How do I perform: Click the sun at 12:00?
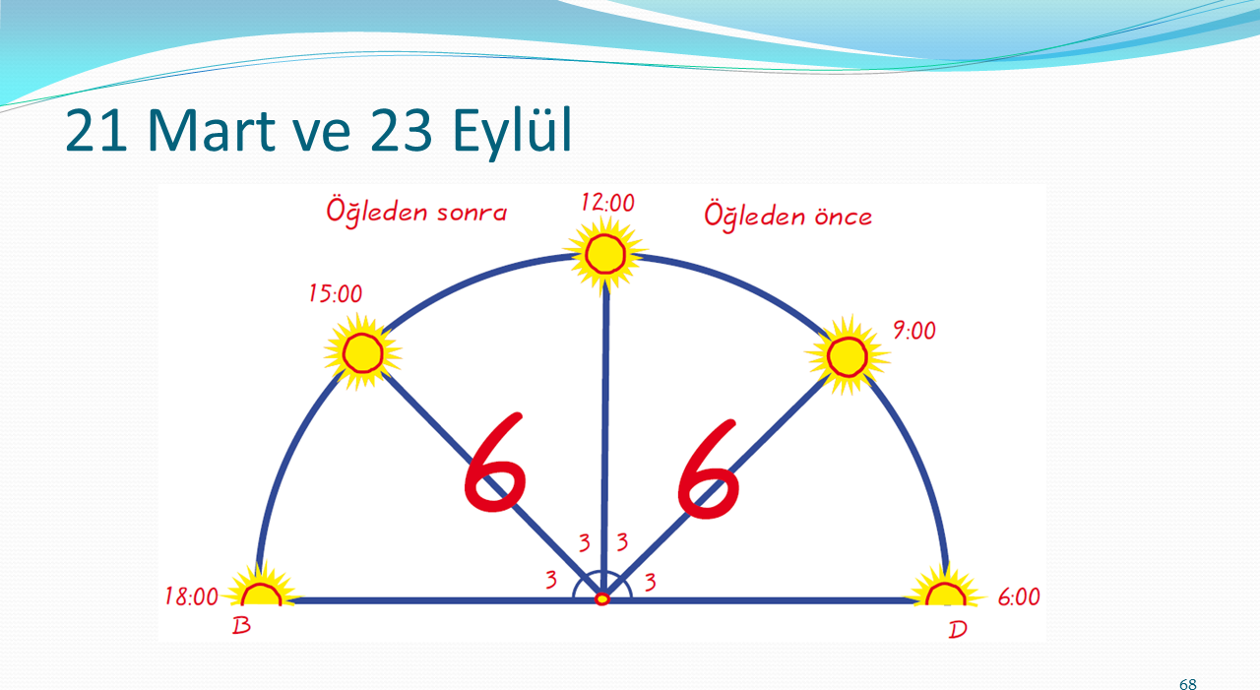coord(605,254)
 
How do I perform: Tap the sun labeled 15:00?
coord(363,352)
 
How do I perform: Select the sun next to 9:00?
coord(848,356)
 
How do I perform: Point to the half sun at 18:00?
coord(261,589)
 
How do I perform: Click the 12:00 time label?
coord(607,203)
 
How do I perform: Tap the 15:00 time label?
coord(336,293)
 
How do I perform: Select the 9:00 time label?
coord(914,331)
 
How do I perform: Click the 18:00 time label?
coord(191,596)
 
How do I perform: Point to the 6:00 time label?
coord(1019,597)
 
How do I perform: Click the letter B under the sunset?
coord(241,626)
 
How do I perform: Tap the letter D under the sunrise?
coord(958,630)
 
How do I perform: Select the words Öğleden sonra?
coord(416,212)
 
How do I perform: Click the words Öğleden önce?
coord(788,216)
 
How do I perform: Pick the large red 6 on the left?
coord(495,463)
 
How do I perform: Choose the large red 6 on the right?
coord(709,469)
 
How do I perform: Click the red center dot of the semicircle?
coord(602,598)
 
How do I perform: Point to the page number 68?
coord(1188,684)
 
